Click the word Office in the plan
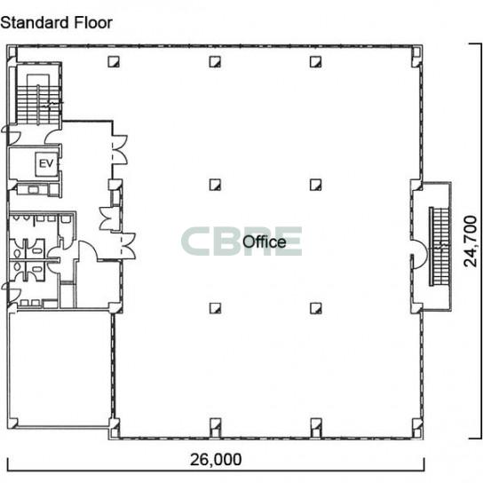pos(265,242)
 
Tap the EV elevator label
pos(46,163)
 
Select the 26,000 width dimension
pos(216,460)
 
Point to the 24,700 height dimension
pos(470,241)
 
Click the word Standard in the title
pos(35,23)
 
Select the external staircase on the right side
pos(439,247)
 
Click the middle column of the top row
pos(215,61)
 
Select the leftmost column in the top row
pos(114,61)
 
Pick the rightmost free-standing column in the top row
pos(316,61)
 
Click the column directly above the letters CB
pos(215,185)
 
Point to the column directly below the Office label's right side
pos(316,308)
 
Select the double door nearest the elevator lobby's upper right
pos(120,150)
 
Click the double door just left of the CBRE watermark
pos(128,246)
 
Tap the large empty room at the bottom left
pos(59,369)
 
